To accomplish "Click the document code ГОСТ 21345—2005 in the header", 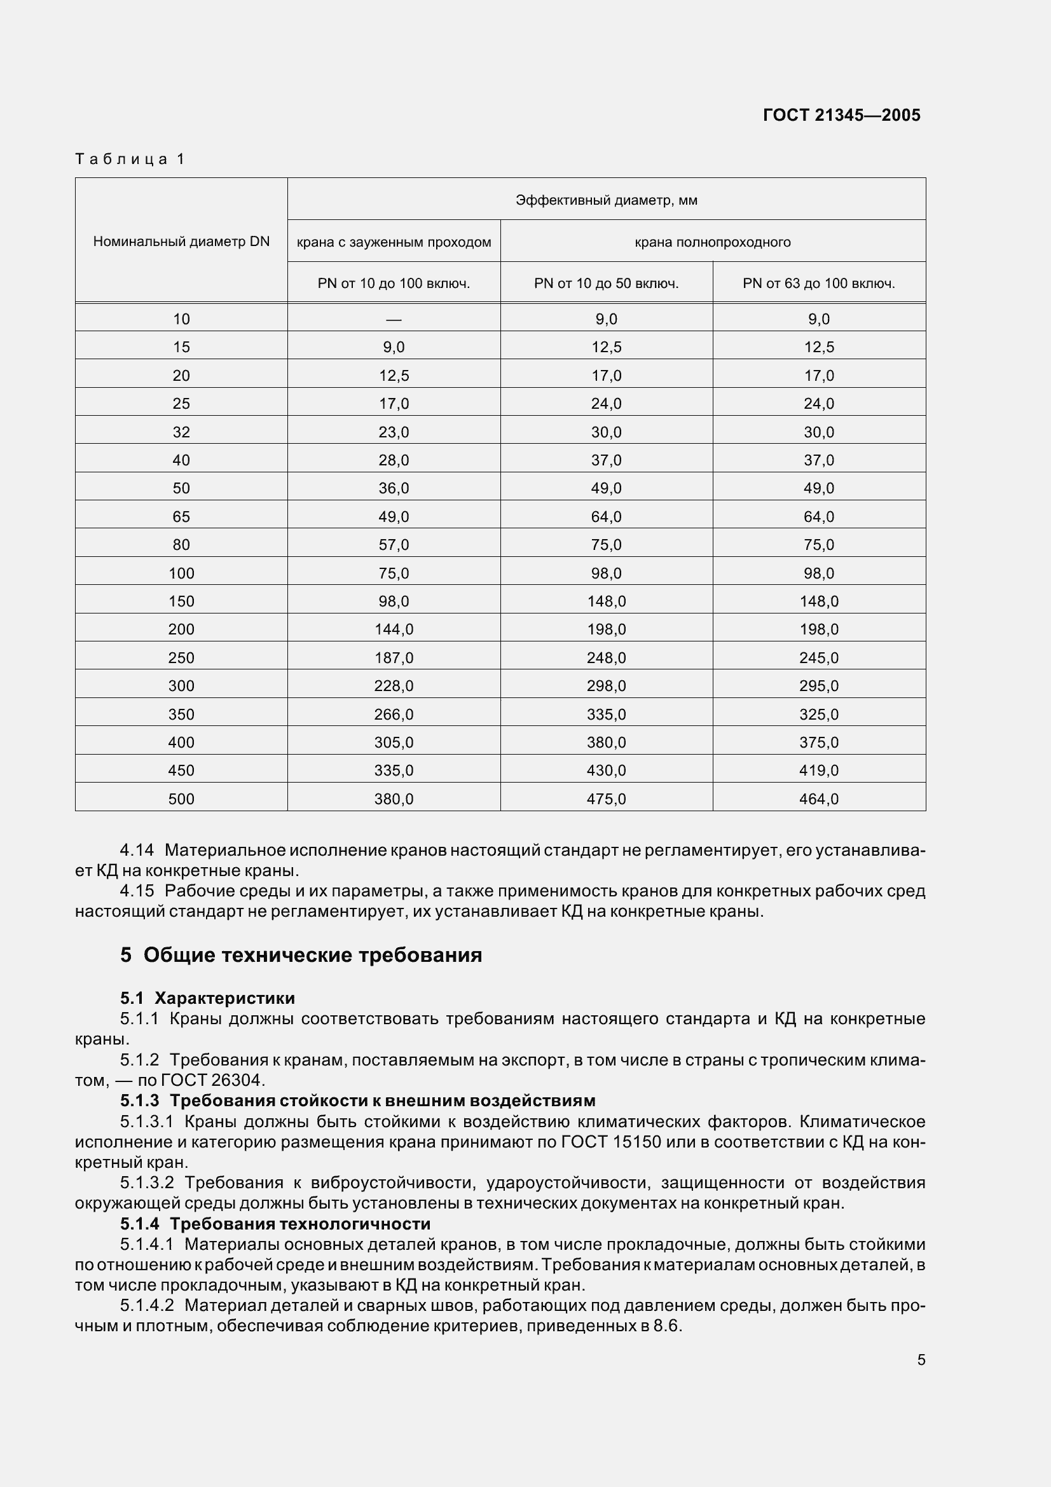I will coord(841,115).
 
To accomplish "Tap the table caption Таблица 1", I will coord(130,159).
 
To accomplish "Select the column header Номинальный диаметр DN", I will coord(181,242).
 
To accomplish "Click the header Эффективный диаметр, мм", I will coord(606,200).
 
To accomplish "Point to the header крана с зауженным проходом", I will coord(394,242).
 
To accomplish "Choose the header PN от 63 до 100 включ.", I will coord(818,283).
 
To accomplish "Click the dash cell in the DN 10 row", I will coord(394,319).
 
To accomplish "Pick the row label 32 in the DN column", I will coord(181,432).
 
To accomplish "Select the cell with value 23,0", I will coord(394,432).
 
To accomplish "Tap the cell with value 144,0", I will coord(394,629).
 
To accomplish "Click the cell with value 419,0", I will coord(818,771).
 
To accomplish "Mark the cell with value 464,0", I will coord(818,799).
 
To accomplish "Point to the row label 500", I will coord(181,799).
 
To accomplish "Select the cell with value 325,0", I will coord(818,715).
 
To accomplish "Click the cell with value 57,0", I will coord(394,545).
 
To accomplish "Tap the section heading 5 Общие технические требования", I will coord(301,956).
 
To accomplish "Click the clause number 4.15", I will coord(137,891).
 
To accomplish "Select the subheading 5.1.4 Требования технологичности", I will coord(275,1224).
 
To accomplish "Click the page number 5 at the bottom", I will coord(921,1360).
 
